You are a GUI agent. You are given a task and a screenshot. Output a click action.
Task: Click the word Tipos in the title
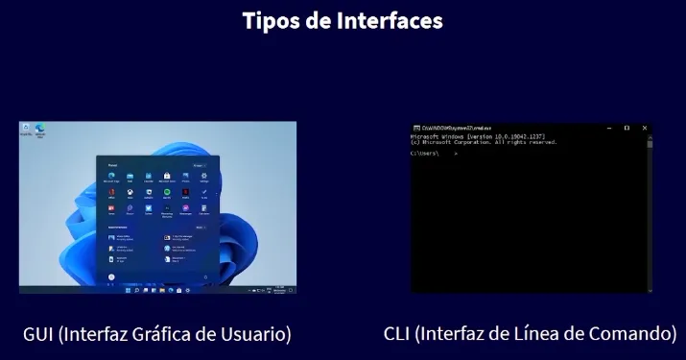270,20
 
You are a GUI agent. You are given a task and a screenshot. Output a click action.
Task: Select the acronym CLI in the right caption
397,334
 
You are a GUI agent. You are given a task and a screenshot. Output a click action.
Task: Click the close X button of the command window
645,128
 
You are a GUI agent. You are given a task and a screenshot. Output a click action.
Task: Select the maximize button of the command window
627,128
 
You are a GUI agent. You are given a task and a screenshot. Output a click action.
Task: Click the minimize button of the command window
608,128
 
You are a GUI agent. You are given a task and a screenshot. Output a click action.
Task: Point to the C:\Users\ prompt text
426,154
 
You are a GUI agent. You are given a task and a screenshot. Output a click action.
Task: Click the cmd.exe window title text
451,128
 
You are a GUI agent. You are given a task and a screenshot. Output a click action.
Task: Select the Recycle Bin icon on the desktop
25,130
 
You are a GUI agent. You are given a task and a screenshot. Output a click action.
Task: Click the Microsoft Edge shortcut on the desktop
41,129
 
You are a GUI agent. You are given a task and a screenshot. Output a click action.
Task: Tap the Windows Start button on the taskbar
127,289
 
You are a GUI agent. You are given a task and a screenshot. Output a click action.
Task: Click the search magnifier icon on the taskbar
134,289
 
